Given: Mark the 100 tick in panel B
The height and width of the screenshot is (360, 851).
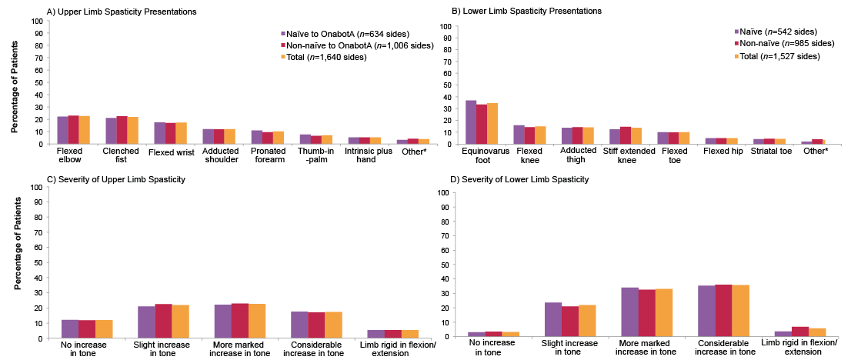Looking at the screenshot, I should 444,26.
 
